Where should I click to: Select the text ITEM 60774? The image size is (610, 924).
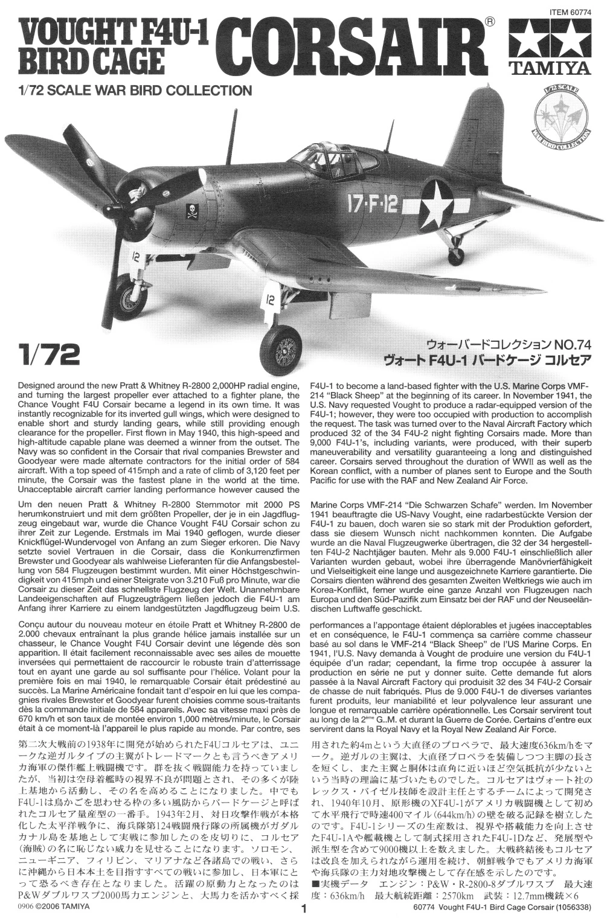pyautogui.click(x=570, y=10)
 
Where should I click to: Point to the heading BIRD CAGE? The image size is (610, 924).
pyautogui.click(x=91, y=60)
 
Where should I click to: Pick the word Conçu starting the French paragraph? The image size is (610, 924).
pyautogui.click(x=34, y=624)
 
